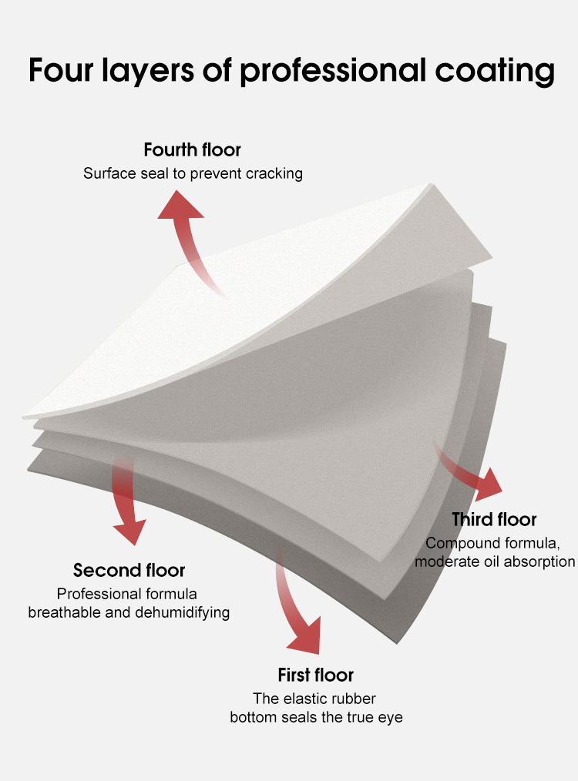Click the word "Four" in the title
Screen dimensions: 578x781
click(61, 70)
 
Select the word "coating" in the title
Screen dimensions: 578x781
click(495, 72)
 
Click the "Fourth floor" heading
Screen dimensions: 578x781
click(193, 149)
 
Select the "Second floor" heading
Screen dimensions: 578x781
click(129, 570)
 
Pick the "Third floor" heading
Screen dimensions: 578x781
click(494, 519)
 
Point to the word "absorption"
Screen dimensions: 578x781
click(539, 561)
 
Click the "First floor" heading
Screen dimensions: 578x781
click(315, 675)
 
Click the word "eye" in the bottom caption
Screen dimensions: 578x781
click(391, 718)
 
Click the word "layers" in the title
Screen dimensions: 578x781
click(148, 72)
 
